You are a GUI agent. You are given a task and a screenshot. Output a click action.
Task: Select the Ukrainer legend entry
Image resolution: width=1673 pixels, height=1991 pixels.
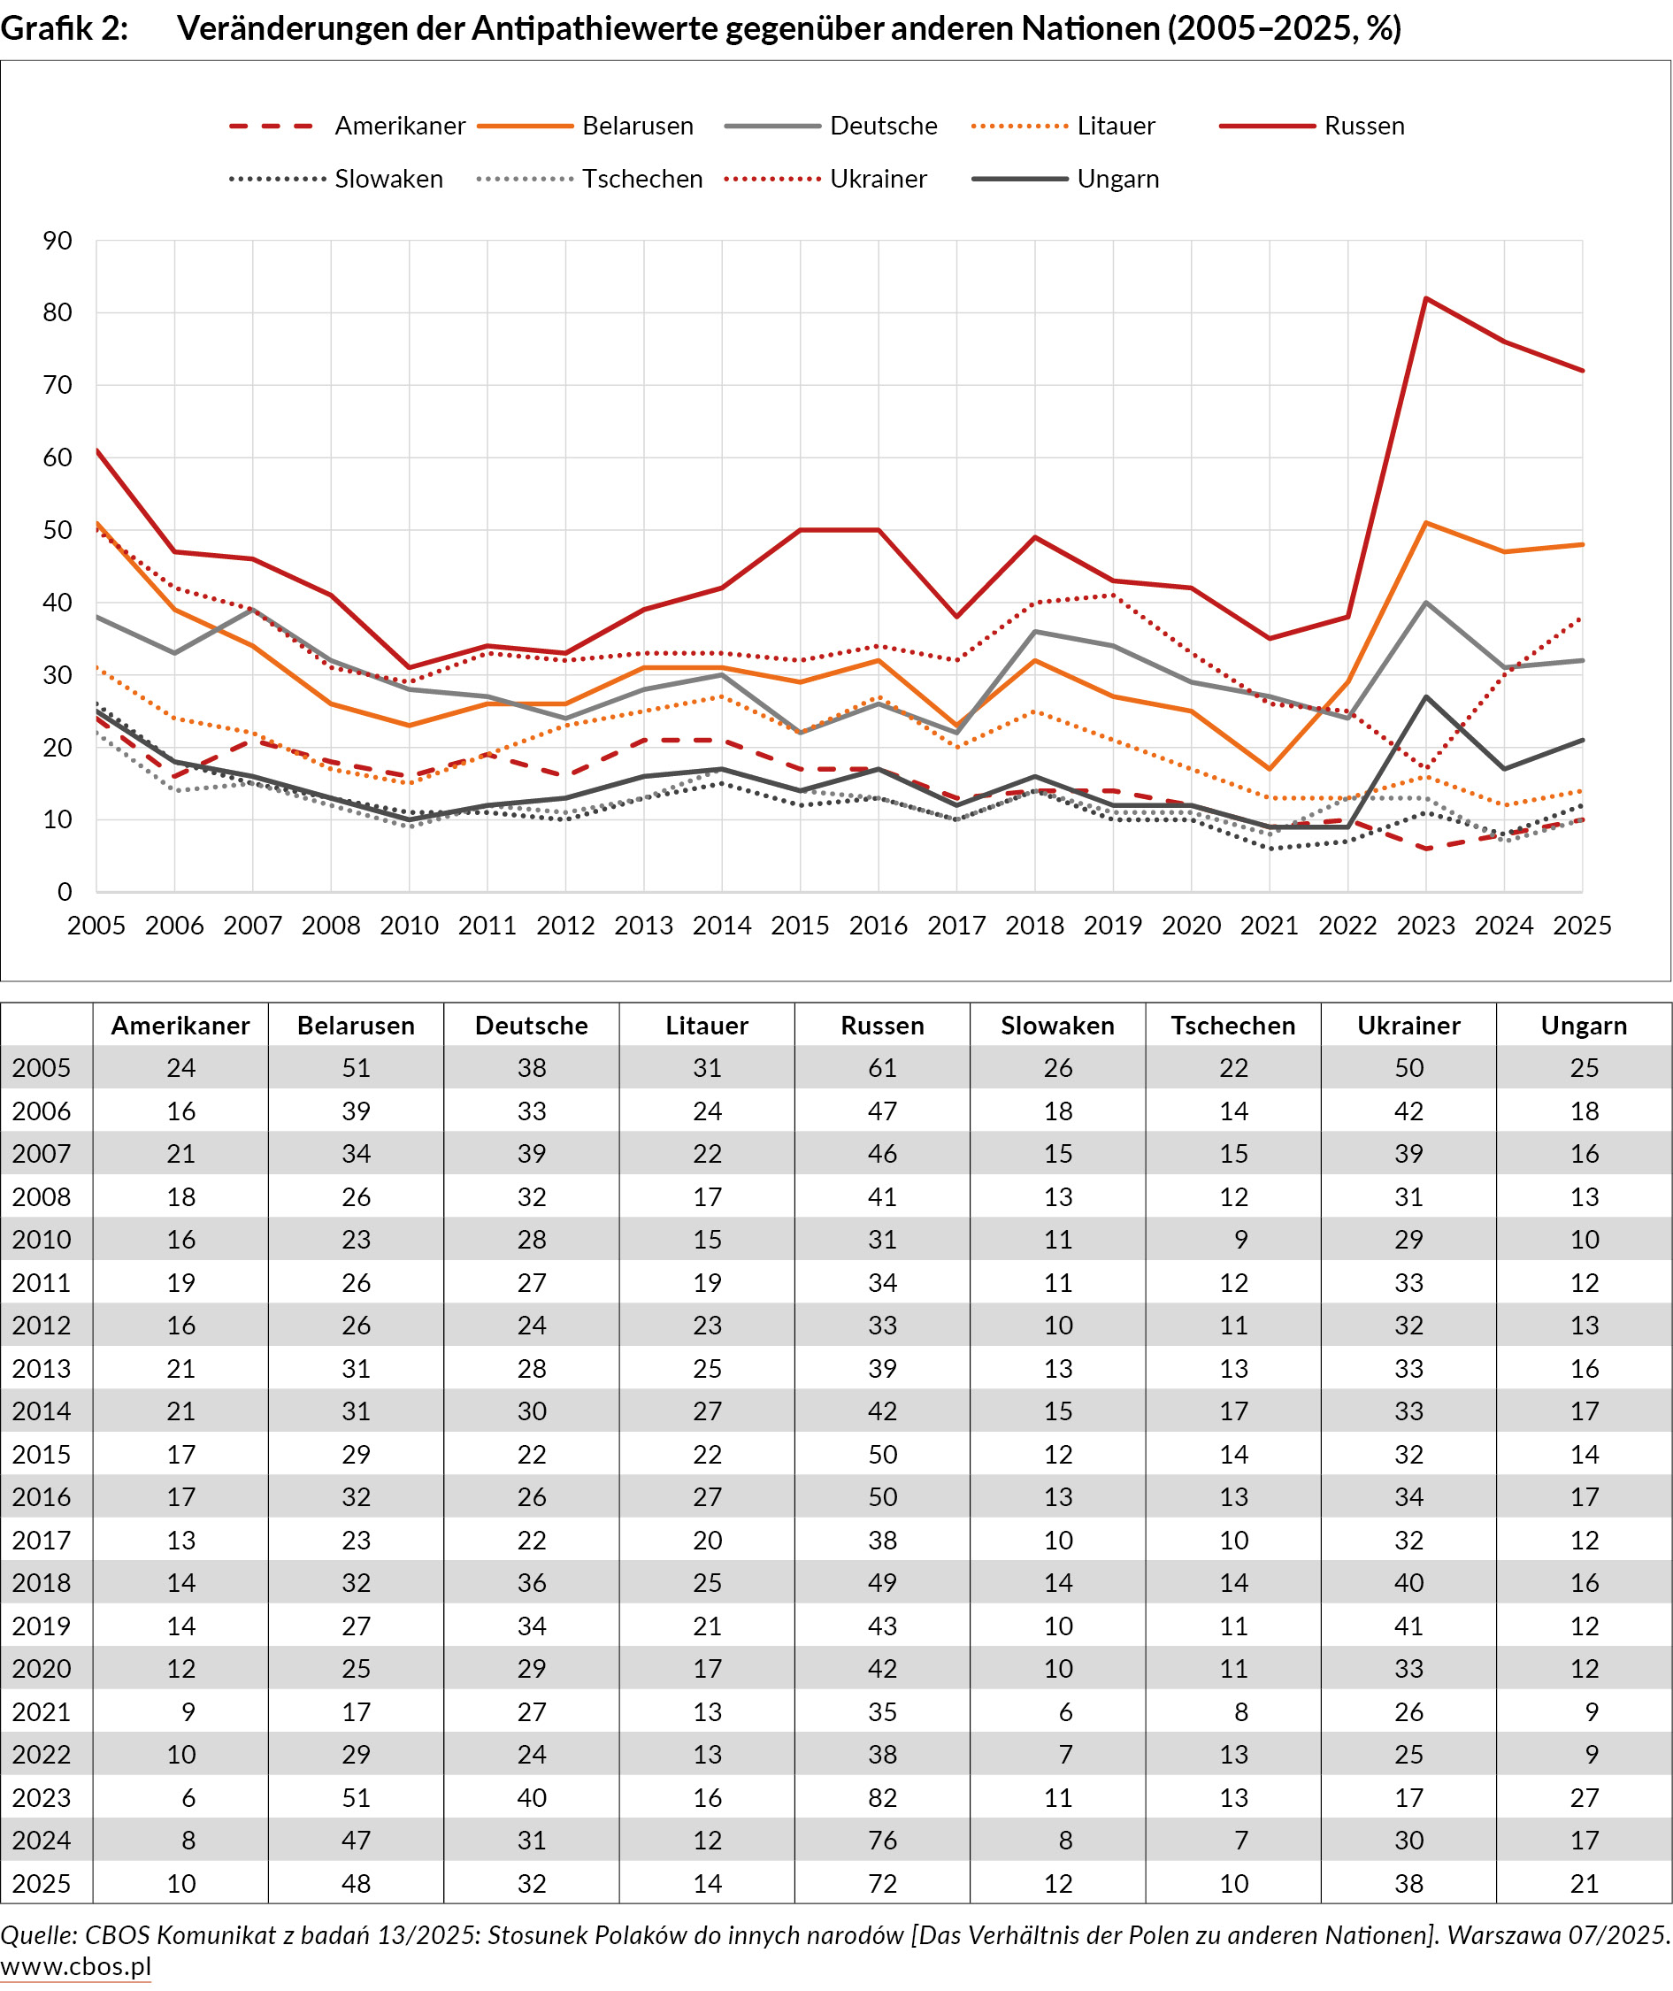[878, 180]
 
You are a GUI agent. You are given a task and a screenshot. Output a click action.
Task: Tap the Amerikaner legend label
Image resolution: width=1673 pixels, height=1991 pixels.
[399, 127]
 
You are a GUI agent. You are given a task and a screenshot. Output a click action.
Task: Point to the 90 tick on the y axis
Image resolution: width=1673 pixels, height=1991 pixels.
[57, 241]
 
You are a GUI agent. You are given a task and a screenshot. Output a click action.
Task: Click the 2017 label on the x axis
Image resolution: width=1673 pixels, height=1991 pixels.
[956, 925]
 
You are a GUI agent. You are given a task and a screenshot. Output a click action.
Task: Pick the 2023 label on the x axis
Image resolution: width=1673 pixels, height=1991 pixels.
[1425, 925]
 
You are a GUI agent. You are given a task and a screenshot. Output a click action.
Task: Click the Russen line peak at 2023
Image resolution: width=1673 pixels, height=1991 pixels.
[1425, 299]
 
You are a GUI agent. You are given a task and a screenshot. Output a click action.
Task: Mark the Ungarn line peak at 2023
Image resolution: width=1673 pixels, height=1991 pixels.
[1425, 696]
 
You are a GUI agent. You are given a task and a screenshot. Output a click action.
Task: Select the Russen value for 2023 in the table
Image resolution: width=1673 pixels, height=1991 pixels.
[882, 1796]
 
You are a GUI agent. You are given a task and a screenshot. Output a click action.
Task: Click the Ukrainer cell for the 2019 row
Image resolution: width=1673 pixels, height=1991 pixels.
[1408, 1626]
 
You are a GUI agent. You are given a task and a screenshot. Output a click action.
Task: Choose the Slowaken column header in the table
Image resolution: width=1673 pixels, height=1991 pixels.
[1057, 1026]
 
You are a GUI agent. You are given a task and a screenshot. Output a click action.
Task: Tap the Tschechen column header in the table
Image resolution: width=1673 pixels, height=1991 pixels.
[1233, 1026]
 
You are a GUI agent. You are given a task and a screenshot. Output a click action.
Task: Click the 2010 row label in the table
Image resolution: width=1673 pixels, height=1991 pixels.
[42, 1239]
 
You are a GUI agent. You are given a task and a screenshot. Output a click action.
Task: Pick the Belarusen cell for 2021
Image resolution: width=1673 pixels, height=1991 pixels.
[356, 1711]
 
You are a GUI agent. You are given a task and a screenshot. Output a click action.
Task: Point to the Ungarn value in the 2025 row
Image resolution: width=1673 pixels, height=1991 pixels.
[1584, 1883]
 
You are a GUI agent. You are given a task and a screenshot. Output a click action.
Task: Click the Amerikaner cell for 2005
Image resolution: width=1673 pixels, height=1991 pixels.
[180, 1068]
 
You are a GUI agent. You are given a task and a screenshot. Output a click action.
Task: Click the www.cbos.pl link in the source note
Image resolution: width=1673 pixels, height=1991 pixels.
[76, 1966]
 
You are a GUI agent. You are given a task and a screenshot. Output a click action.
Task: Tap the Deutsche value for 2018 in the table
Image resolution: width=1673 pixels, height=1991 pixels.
[531, 1582]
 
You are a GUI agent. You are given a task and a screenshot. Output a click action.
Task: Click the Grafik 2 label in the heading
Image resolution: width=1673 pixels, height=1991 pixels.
[64, 28]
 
